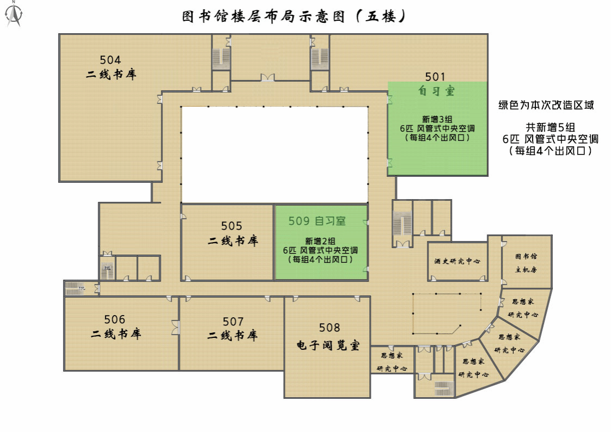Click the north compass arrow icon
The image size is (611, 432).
coord(14,14)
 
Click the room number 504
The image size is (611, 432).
coord(111,60)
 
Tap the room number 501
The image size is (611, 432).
coord(435,77)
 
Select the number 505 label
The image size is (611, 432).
coord(231,226)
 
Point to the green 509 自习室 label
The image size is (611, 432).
coord(317,221)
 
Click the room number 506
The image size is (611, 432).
coord(114,319)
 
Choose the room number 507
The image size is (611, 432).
coord(233,322)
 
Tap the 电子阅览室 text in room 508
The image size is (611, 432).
coord(328,345)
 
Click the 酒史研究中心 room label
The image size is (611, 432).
coord(457,261)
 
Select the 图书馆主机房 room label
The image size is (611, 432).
coord(526,263)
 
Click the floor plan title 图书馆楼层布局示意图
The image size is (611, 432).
coord(264,16)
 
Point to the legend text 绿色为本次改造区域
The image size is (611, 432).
coord(546,105)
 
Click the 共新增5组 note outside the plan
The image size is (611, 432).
coord(550,127)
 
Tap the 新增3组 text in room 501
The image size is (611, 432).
coord(437,120)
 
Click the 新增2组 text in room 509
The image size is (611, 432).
coord(320,241)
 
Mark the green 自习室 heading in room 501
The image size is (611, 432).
coord(436,91)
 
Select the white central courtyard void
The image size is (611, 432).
coord(274,155)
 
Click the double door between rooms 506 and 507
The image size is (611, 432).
coord(176,328)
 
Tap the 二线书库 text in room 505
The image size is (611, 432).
coord(233,241)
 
